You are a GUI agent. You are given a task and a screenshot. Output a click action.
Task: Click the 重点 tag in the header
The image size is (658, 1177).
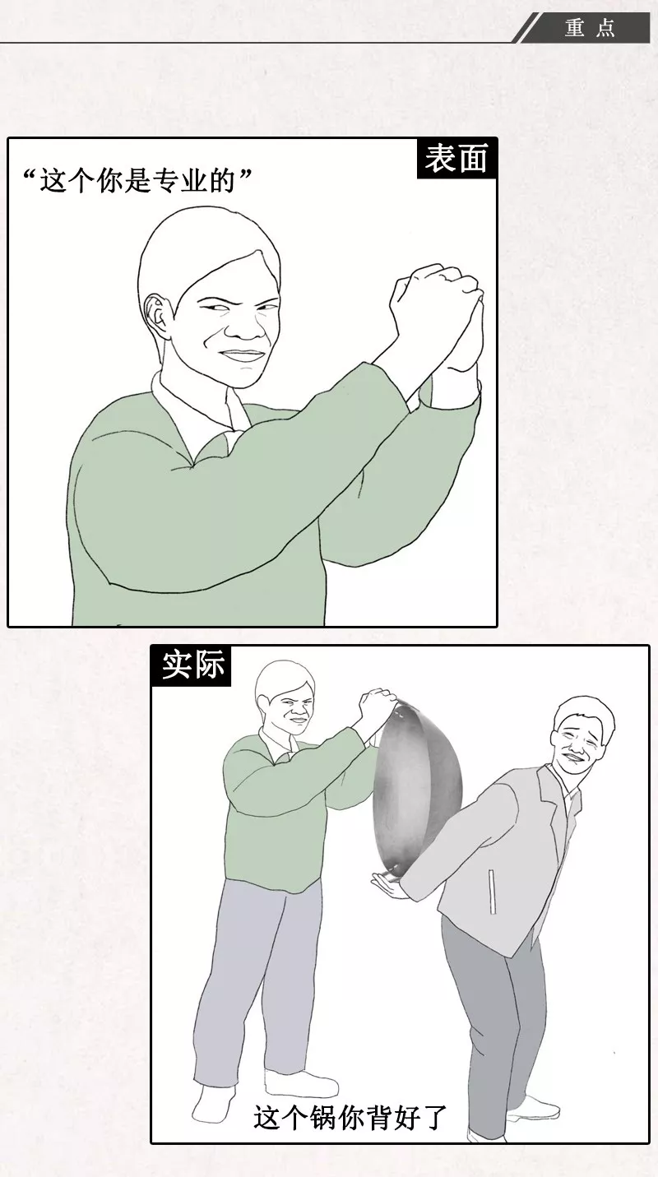coord(590,28)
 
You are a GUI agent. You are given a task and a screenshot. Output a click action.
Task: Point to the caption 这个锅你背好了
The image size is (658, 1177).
coord(350,1119)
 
